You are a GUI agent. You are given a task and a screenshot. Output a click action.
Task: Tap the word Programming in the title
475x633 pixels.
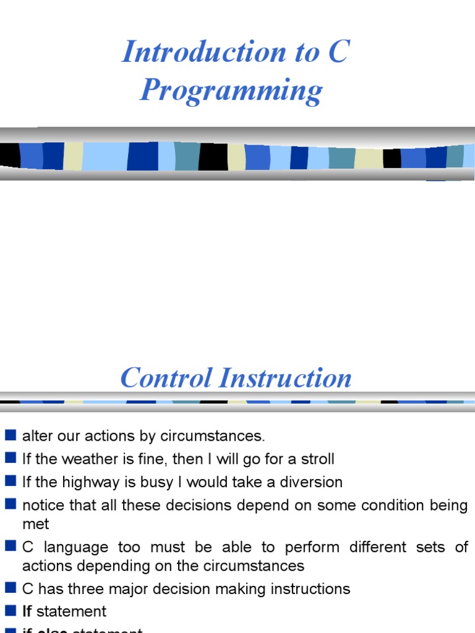pyautogui.click(x=231, y=90)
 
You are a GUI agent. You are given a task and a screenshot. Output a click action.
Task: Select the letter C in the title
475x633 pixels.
pyautogui.click(x=337, y=51)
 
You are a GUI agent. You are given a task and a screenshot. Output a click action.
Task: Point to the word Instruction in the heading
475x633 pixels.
pyautogui.click(x=291, y=378)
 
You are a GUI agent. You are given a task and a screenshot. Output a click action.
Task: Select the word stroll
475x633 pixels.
pyautogui.click(x=317, y=459)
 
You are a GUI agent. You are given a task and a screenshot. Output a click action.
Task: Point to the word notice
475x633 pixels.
pyautogui.click(x=41, y=505)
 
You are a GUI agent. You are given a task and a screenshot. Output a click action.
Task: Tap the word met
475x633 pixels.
pyautogui.click(x=35, y=524)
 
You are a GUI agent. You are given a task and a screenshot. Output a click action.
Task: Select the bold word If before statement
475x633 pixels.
pyautogui.click(x=27, y=611)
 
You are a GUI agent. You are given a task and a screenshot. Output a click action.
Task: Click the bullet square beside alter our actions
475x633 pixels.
pyautogui.click(x=11, y=435)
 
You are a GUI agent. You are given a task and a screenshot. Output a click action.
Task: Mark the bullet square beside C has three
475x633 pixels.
pyautogui.click(x=11, y=588)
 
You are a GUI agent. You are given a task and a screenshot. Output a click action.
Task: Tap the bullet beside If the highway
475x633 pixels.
pyautogui.click(x=11, y=482)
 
